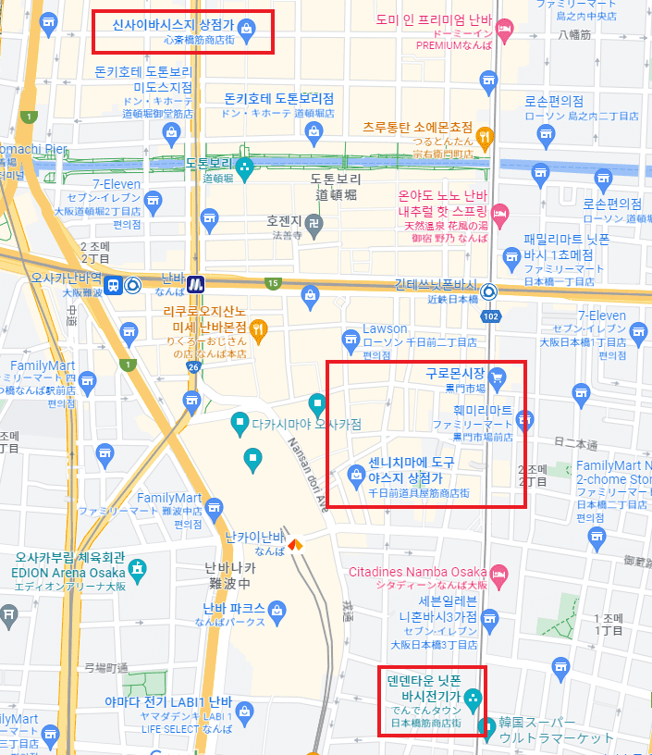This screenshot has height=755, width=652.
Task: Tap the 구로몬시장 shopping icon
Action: click(x=497, y=375)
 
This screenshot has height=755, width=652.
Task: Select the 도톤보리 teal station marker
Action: click(x=244, y=167)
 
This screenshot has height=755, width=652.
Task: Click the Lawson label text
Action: click(x=384, y=328)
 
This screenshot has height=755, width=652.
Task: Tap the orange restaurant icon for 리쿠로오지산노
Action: click(x=259, y=327)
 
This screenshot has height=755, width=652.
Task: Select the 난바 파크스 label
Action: click(x=234, y=609)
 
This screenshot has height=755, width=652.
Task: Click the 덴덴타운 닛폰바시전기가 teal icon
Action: click(x=473, y=697)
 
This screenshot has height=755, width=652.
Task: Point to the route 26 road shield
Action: click(x=193, y=367)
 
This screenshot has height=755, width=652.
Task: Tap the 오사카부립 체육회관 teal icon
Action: click(x=138, y=567)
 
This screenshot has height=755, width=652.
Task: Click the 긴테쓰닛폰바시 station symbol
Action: click(x=489, y=291)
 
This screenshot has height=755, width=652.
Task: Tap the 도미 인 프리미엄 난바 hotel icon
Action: click(x=504, y=30)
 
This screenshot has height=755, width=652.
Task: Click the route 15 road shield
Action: click(x=272, y=283)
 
